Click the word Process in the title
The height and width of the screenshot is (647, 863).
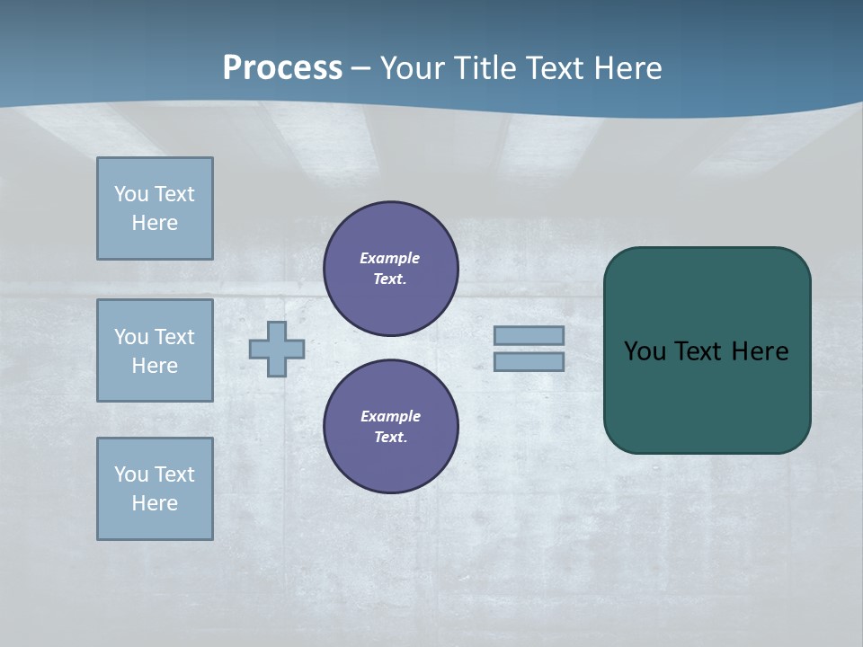[282, 68]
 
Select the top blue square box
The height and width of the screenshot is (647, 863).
[155, 208]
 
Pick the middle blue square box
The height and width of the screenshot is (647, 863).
[155, 350]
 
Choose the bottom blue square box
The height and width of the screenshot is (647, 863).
[155, 489]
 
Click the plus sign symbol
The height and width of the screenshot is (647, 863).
[277, 349]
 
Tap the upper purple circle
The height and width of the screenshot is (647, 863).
[391, 269]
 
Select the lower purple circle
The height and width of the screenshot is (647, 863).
[391, 427]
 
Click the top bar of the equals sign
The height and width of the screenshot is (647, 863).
[529, 335]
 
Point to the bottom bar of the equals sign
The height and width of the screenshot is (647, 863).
[529, 361]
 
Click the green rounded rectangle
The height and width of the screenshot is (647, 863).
[707, 395]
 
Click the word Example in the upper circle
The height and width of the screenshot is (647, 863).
[390, 258]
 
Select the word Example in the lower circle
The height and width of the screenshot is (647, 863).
[390, 416]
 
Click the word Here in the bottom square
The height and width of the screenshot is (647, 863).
[155, 503]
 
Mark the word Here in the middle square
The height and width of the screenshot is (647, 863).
[155, 366]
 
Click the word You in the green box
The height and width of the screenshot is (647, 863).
[645, 351]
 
